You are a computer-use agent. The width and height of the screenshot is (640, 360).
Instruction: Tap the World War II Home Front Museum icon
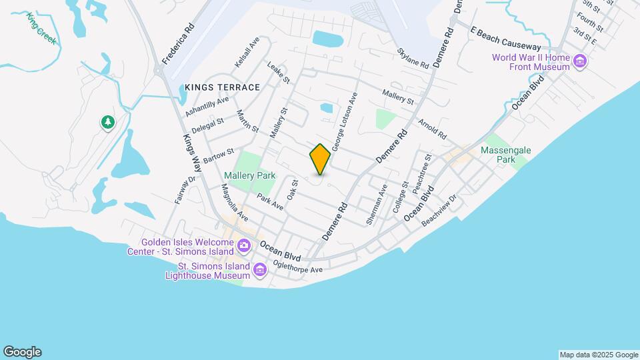[x=580, y=62]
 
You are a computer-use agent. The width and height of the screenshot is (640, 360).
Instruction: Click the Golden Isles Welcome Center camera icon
[x=244, y=247]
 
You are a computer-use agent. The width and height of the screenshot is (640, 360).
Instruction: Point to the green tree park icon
[x=107, y=122]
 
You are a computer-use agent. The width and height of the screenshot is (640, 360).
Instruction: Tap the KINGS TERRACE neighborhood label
[x=222, y=87]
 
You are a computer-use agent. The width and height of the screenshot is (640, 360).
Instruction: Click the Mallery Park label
[x=249, y=175]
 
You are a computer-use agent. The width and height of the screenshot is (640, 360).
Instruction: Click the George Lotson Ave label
[x=345, y=121]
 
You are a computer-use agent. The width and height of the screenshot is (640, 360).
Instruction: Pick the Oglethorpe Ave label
[x=300, y=269]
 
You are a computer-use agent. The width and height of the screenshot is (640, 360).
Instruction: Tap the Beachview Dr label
[x=440, y=210]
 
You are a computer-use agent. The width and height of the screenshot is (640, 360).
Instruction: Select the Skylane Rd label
[x=412, y=58]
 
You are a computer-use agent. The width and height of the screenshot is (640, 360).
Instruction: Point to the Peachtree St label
[x=422, y=175]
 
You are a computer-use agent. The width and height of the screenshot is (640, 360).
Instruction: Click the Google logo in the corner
[x=22, y=352]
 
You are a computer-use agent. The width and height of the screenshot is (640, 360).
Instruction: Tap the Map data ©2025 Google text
[x=599, y=355]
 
